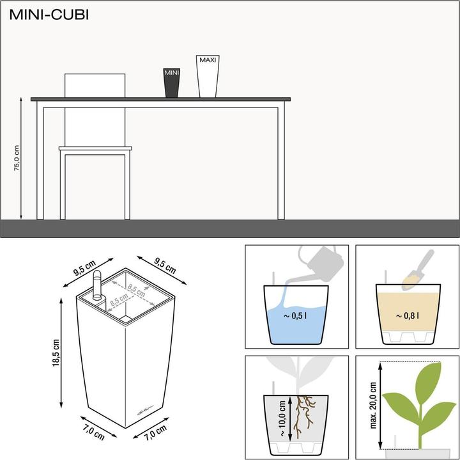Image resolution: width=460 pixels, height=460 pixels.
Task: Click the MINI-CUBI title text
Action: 49,15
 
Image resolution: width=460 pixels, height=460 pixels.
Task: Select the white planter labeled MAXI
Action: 208,76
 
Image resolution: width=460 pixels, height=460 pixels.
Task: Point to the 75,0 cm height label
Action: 17,157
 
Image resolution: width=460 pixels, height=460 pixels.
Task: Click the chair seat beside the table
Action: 96,149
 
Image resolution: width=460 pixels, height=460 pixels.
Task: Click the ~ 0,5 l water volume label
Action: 296,314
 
